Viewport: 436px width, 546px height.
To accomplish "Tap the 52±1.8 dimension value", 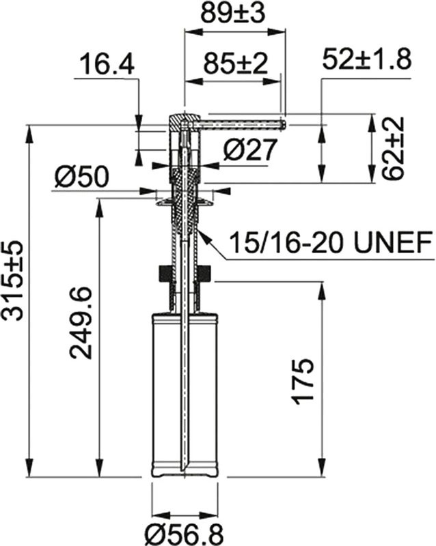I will pos(366,60).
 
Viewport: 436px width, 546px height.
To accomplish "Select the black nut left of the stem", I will pos(163,274).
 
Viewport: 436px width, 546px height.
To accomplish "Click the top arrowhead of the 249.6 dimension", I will pos(100,203).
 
